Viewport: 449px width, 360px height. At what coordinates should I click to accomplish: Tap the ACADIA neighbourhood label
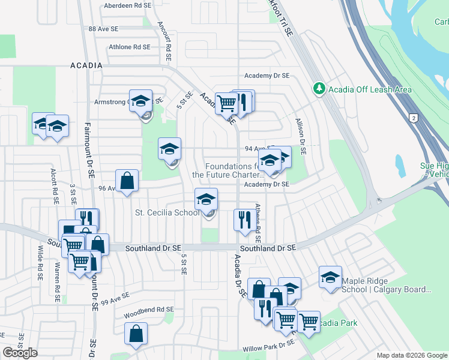click(x=86, y=65)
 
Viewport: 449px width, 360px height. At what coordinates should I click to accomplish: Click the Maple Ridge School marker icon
click(x=330, y=277)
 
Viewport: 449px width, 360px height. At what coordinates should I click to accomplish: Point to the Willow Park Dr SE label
click(x=268, y=346)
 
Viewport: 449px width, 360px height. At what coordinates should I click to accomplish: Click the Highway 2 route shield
click(x=413, y=118)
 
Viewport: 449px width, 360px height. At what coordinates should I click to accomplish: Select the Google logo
click(x=20, y=353)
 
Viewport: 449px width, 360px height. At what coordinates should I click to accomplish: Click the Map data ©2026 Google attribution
click(x=412, y=355)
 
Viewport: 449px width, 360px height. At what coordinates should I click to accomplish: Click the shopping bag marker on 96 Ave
click(x=127, y=181)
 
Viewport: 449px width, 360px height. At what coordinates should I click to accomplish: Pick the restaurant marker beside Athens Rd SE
click(x=244, y=220)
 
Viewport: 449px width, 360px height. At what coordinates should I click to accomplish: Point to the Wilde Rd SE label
click(x=40, y=263)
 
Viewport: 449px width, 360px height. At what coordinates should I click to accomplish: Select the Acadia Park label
click(x=337, y=323)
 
